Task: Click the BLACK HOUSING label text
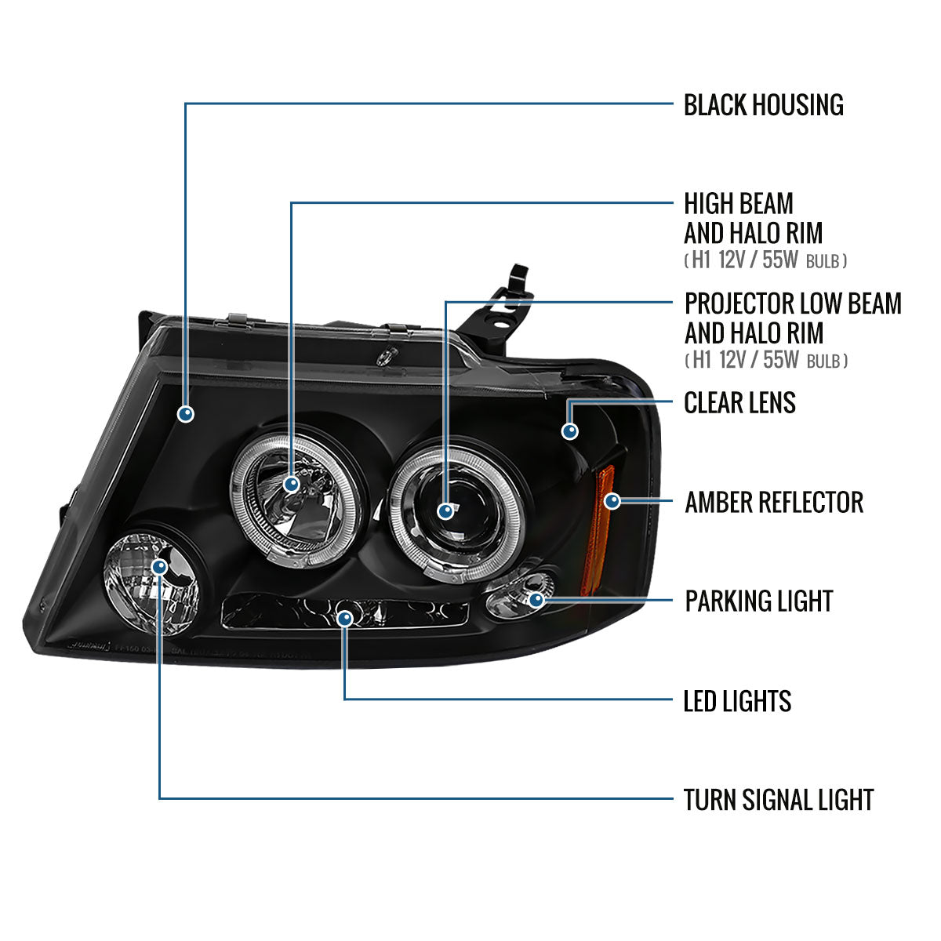(x=763, y=105)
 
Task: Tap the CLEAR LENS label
(x=739, y=403)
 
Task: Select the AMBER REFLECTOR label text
(x=773, y=503)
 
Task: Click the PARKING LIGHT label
(x=758, y=601)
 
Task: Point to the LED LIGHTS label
(x=737, y=701)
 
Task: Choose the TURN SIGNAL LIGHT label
(x=778, y=800)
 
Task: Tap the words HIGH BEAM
(x=738, y=205)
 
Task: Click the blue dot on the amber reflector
(x=612, y=500)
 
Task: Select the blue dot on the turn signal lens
(x=160, y=566)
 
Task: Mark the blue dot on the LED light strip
(x=344, y=619)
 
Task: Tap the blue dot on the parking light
(x=536, y=600)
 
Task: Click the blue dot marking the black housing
(x=186, y=413)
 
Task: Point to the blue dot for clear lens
(x=570, y=431)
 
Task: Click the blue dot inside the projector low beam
(x=445, y=511)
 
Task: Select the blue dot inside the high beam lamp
(x=292, y=484)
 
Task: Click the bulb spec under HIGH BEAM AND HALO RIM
(x=765, y=260)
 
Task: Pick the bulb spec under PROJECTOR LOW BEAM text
(x=765, y=361)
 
